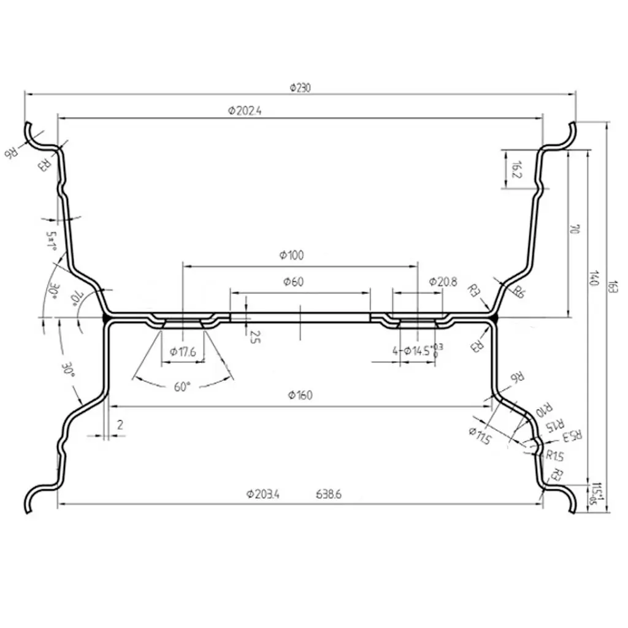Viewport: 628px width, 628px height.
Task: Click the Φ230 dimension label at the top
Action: click(x=301, y=88)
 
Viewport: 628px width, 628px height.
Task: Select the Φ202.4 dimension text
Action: click(x=245, y=111)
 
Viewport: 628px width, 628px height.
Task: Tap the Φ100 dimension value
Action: click(x=291, y=256)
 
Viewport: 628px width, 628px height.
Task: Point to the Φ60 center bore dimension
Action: click(x=294, y=282)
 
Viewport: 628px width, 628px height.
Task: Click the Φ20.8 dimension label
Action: click(x=442, y=282)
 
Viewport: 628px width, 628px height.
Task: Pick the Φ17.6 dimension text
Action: click(x=183, y=352)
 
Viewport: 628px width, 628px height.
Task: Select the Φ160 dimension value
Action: click(x=300, y=395)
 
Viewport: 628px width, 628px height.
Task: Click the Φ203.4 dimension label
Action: click(x=262, y=494)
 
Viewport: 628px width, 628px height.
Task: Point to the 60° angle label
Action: click(x=183, y=387)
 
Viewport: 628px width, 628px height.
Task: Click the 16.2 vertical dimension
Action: click(x=516, y=169)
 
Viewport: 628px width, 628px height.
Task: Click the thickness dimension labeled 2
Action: click(x=120, y=424)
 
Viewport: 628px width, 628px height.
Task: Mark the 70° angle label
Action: click(x=77, y=298)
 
